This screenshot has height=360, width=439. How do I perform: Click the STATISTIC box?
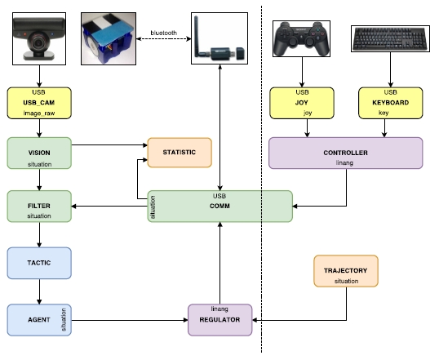click(180, 153)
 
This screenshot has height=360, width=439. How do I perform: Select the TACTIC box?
click(39, 263)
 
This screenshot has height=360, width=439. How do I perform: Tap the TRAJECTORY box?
click(346, 271)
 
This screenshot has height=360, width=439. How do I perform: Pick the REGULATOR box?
click(219, 320)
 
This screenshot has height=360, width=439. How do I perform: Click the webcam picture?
click(39, 38)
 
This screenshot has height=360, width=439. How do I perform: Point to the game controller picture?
click(302, 38)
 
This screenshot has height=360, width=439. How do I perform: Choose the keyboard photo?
click(390, 38)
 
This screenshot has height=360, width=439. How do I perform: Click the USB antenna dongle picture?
click(219, 38)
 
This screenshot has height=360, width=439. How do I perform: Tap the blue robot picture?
click(109, 38)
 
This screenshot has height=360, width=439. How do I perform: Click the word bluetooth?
click(164, 33)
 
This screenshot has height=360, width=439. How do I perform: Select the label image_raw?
click(39, 113)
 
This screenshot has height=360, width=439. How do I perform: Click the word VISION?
click(39, 153)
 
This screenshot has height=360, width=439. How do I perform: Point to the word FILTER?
click(39, 206)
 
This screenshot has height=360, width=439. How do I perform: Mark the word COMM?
click(219, 206)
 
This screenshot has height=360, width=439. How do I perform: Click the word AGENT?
click(39, 320)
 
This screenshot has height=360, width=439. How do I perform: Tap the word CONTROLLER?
click(345, 153)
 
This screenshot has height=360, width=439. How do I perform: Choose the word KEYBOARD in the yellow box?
click(391, 103)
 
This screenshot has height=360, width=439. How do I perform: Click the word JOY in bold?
click(302, 103)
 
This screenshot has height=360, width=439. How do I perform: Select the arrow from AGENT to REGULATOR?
click(130, 320)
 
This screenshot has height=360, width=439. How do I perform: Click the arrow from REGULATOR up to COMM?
click(220, 263)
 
